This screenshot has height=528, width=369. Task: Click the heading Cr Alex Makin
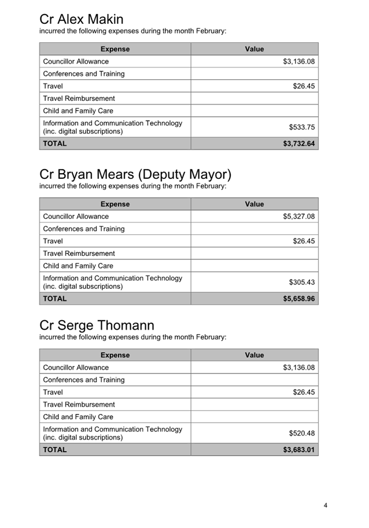[x=81, y=20]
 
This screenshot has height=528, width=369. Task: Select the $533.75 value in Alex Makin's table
[x=301, y=127]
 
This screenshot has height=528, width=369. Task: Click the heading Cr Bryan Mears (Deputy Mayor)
[x=135, y=175]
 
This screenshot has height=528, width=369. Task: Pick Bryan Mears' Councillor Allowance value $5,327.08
[x=298, y=217]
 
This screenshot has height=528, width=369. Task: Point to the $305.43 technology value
[x=301, y=283]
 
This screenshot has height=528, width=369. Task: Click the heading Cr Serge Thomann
[x=97, y=325]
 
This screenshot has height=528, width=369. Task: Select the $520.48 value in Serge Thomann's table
[x=301, y=433]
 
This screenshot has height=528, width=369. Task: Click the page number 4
[x=326, y=505]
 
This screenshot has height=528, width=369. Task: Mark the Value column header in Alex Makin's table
[x=254, y=49]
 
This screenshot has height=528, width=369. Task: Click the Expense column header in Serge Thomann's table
[x=115, y=355]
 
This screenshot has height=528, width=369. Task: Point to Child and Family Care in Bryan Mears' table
[x=78, y=266]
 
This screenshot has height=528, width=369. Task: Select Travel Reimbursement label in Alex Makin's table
[x=79, y=98]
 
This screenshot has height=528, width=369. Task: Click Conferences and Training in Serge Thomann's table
[x=83, y=380]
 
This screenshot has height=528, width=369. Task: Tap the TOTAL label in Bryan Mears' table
[x=55, y=299]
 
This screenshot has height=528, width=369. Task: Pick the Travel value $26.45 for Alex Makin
[x=304, y=86]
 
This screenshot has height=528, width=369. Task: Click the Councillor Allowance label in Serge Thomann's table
[x=76, y=368]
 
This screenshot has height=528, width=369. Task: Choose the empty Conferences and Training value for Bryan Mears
[x=254, y=229]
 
